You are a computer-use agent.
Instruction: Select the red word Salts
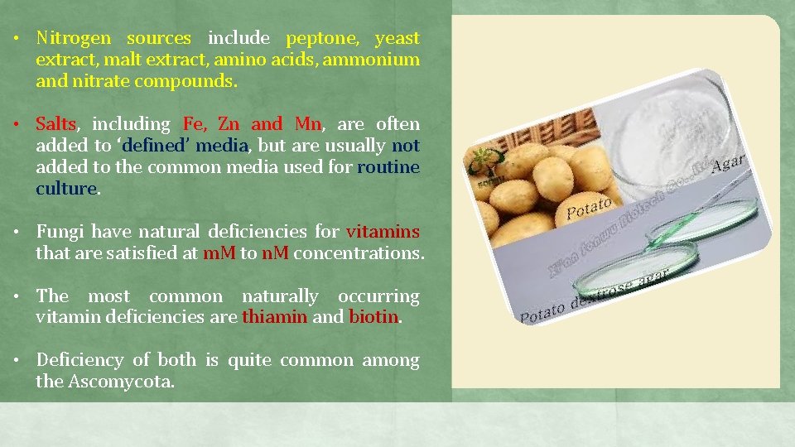pyautogui.click(x=56, y=124)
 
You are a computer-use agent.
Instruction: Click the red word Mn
pyautogui.click(x=307, y=124)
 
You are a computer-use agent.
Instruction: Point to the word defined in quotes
pyautogui.click(x=157, y=146)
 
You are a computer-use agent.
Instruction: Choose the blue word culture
pyautogui.click(x=66, y=189)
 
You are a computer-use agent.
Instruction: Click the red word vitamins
pyautogui.click(x=383, y=232)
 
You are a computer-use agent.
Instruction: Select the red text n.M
pyautogui.click(x=275, y=253)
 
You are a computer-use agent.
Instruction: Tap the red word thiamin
pyautogui.click(x=274, y=318)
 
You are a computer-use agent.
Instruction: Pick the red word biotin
pyautogui.click(x=373, y=318)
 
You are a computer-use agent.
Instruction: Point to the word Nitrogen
pyautogui.click(x=72, y=38)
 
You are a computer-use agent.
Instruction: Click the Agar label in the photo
pyautogui.click(x=728, y=164)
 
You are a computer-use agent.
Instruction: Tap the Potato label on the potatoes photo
pyautogui.click(x=590, y=207)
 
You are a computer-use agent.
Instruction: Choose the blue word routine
pyautogui.click(x=388, y=167)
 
